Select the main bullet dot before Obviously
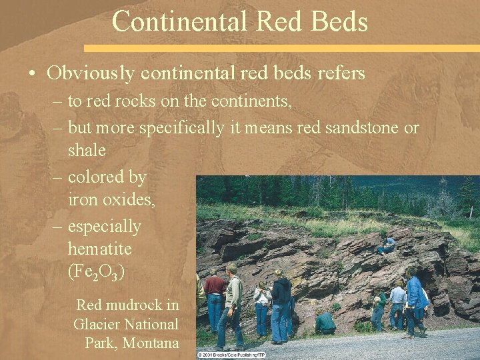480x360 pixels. tap(33, 73)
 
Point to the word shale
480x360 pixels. tap(87, 150)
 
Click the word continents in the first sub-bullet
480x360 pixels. tap(254, 103)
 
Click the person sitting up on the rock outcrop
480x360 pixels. tap(386, 244)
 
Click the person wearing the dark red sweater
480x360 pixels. tap(215, 293)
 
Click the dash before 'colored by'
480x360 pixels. tap(57, 177)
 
